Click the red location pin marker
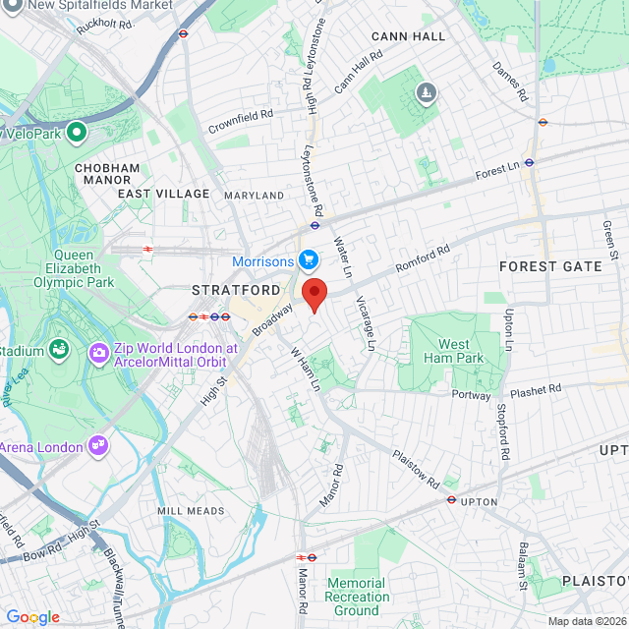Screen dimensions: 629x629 [314, 294]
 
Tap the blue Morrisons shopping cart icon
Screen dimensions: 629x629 [308, 260]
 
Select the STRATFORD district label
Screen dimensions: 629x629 [235, 291]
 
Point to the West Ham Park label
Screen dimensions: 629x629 [454, 351]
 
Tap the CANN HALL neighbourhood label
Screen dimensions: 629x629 [408, 36]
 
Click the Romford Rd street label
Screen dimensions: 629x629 [422, 259]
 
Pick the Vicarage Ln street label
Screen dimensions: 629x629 [365, 323]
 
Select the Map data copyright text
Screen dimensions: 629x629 [586, 621]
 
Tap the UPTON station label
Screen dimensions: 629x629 [480, 501]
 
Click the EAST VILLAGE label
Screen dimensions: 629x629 [164, 194]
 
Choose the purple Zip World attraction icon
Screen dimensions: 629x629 [98, 352]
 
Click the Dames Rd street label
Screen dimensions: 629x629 [510, 83]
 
